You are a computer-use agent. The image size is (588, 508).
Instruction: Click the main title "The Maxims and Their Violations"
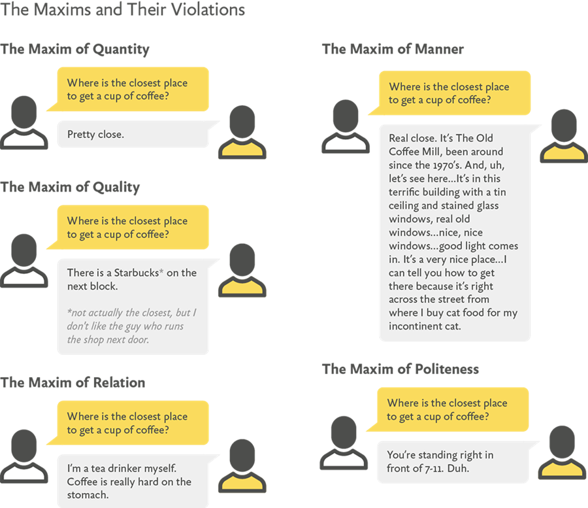[123, 10]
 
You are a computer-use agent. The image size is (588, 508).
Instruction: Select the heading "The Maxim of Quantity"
[75, 50]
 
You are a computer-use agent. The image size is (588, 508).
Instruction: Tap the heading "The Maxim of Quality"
[71, 188]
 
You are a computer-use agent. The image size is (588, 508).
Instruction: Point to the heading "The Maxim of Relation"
[73, 382]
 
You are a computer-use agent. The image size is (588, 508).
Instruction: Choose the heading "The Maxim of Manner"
[393, 50]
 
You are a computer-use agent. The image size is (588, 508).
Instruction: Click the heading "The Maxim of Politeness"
[400, 369]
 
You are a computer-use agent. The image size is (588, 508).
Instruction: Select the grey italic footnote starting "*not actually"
[130, 326]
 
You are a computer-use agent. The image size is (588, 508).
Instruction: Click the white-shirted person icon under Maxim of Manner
[346, 127]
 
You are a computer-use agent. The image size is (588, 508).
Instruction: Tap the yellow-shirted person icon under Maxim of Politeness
[561, 451]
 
